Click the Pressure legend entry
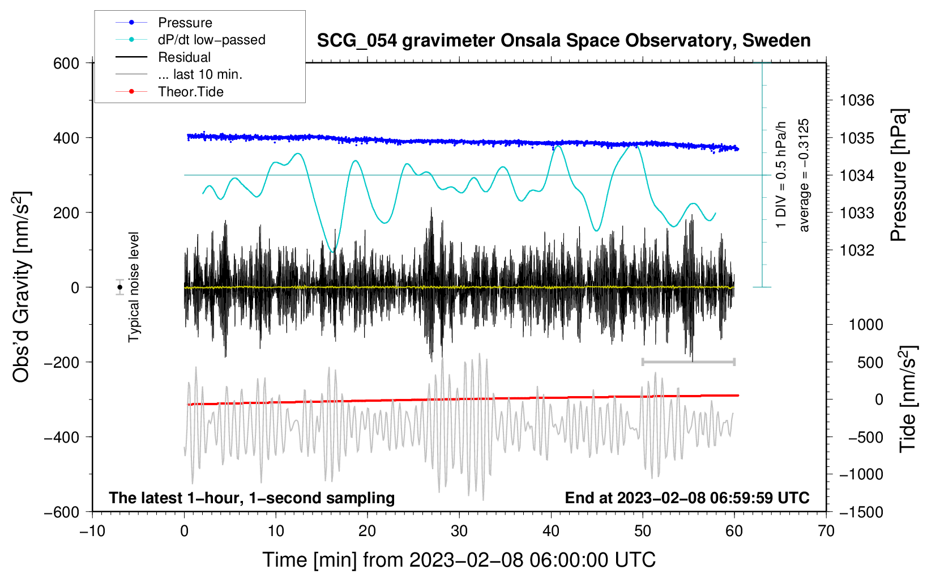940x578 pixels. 164,22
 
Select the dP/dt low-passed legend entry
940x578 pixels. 190,40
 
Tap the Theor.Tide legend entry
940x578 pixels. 169,92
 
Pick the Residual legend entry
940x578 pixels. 163,57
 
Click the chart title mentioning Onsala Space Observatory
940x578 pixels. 563,41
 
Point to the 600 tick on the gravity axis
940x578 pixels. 66,63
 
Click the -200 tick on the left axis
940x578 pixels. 61,362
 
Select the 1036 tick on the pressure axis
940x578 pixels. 857,100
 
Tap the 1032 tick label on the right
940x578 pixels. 857,250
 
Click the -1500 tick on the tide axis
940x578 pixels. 861,512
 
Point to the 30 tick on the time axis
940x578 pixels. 459,532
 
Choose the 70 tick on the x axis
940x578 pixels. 826,532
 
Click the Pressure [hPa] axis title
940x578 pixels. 899,175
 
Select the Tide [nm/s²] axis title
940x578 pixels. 908,399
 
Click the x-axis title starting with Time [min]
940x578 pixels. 459,560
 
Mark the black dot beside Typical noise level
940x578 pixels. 119,287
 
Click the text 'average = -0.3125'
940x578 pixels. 804,175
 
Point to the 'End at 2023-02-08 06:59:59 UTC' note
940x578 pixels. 687,498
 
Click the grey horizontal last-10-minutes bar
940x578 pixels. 688,362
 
